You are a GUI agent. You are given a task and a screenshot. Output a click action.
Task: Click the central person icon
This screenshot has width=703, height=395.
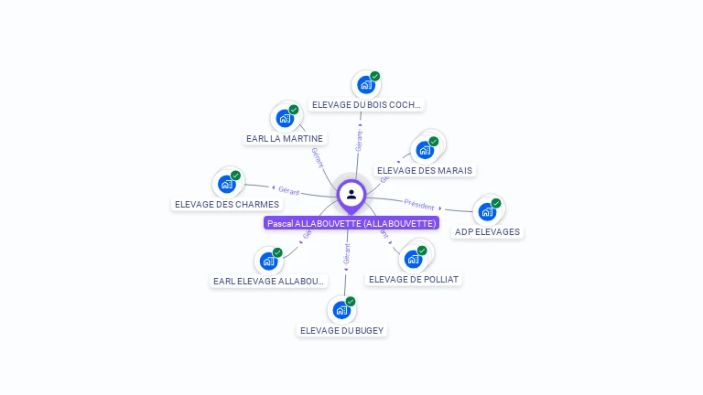(x=351, y=194)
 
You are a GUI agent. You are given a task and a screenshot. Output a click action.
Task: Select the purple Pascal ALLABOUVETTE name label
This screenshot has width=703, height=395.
(x=351, y=223)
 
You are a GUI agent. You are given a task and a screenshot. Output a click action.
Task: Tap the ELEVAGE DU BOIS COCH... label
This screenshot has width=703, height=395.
(x=367, y=105)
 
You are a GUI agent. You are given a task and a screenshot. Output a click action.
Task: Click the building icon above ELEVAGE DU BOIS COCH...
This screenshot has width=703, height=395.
(x=366, y=85)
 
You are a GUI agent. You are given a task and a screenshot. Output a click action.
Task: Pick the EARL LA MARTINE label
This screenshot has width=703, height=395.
(x=285, y=139)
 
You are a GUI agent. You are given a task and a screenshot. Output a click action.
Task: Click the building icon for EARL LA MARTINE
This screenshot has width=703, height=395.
(x=285, y=118)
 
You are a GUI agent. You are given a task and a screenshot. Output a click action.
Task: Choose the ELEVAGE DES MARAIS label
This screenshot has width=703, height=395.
(x=426, y=170)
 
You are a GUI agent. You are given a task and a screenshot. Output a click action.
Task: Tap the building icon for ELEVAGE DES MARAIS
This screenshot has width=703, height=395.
(x=425, y=150)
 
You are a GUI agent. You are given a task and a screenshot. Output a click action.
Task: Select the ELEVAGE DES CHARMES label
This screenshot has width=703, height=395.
(x=227, y=204)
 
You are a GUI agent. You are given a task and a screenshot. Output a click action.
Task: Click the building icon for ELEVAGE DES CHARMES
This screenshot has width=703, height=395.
(x=227, y=184)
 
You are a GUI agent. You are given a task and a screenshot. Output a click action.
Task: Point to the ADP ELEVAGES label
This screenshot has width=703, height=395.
(x=487, y=231)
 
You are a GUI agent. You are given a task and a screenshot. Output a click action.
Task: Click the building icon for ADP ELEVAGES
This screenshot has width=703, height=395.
(x=487, y=211)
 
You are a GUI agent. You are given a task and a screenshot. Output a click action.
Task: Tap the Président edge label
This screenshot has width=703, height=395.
(x=419, y=205)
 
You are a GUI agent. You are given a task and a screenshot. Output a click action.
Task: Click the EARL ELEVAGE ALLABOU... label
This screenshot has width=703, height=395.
(x=268, y=281)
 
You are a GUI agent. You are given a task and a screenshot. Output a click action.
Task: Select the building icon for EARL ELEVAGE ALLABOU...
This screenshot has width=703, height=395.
(x=268, y=261)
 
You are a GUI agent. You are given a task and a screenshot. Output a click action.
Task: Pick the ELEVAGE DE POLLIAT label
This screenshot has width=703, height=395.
(x=413, y=279)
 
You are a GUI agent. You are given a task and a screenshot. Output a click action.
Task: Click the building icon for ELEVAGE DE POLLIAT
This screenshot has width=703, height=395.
(x=413, y=259)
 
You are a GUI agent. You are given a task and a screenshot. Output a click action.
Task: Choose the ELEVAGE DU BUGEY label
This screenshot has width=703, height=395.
(x=342, y=330)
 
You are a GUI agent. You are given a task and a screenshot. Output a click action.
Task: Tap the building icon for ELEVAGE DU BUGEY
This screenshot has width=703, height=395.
(x=341, y=310)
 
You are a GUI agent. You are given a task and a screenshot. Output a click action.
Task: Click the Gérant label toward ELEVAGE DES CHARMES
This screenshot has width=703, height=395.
(x=289, y=190)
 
